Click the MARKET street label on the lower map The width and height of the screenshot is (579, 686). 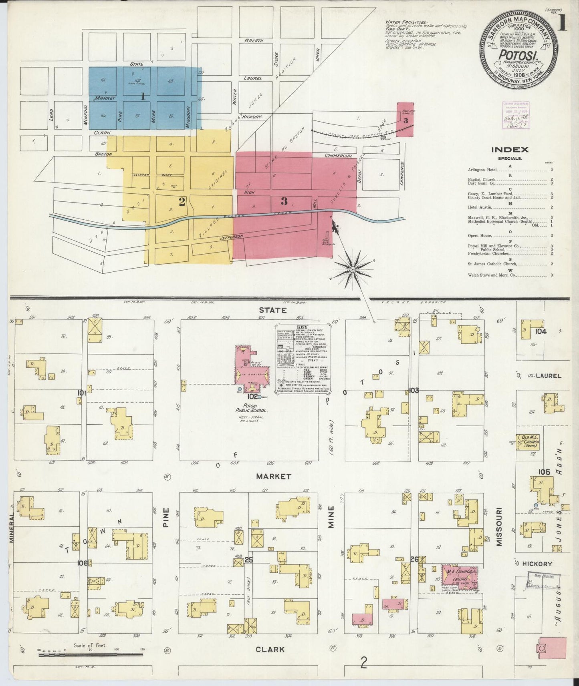coord(274,476)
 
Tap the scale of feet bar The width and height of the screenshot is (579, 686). coord(91,655)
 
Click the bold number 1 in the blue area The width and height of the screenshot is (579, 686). coord(143,96)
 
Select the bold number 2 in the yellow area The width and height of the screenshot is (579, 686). coord(182,202)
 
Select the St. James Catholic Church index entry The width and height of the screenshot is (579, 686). coord(492,264)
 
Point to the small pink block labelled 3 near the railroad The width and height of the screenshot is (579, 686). coord(405,120)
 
